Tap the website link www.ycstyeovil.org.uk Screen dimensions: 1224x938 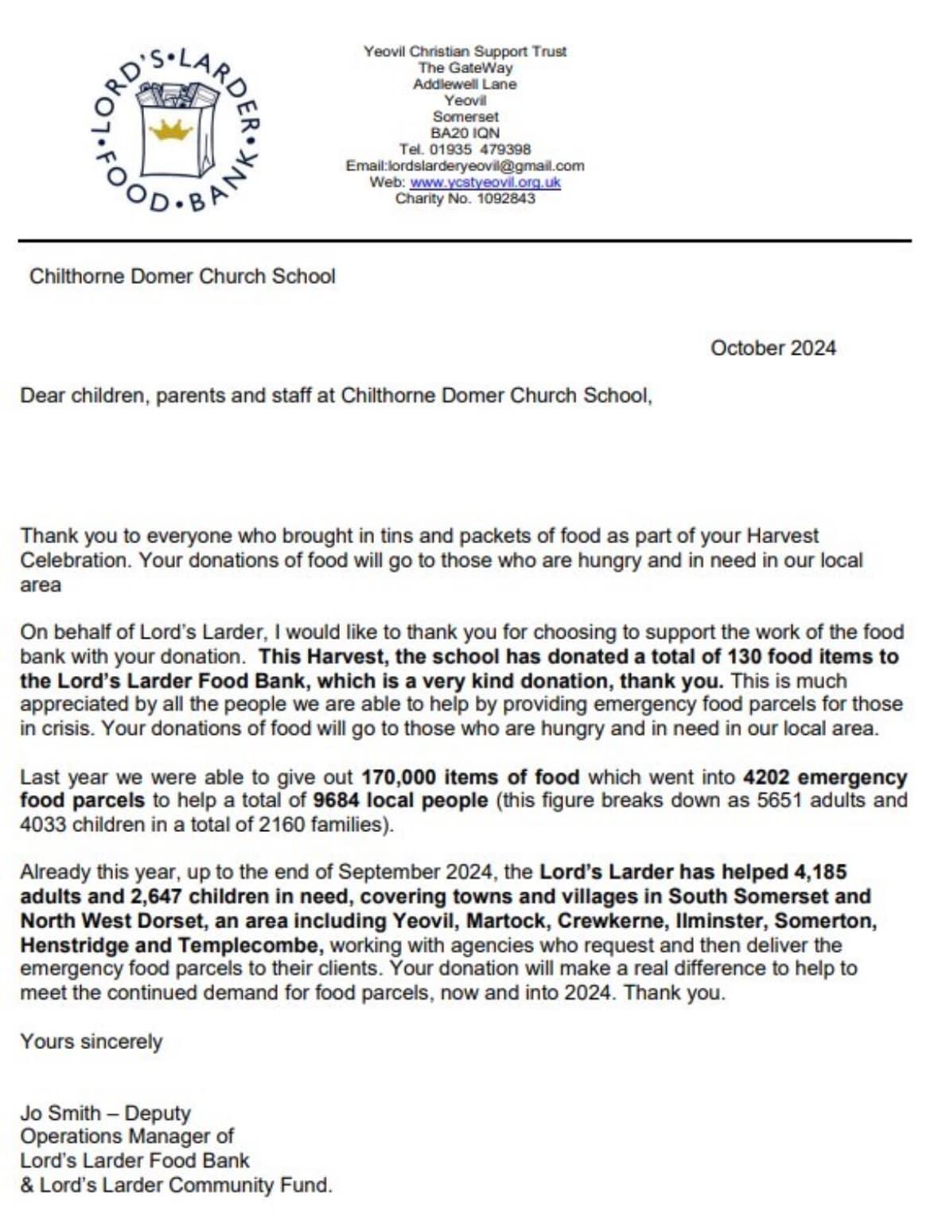(x=485, y=182)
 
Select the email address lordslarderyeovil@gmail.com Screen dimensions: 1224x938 (x=485, y=165)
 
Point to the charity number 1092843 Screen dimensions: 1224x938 (x=505, y=198)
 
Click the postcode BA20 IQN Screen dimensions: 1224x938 (x=465, y=133)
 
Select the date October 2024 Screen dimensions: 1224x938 (x=773, y=348)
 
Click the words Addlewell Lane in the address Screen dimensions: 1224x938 (x=465, y=84)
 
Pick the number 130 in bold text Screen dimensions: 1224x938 (x=744, y=657)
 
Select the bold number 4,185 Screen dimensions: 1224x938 (x=820, y=872)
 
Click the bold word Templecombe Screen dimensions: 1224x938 (x=250, y=946)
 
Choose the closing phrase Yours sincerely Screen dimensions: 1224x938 (x=91, y=1042)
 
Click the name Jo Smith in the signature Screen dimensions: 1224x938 (x=60, y=1113)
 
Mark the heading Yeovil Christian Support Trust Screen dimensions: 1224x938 (x=465, y=51)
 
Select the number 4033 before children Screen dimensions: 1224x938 (x=43, y=824)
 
